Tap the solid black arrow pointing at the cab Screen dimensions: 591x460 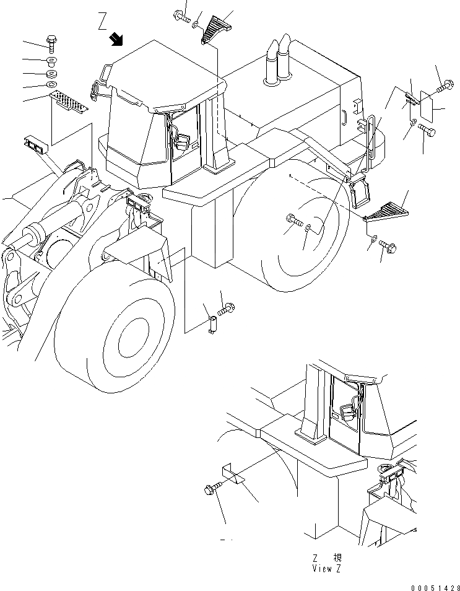(115, 40)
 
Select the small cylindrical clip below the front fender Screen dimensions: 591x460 (212, 324)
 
